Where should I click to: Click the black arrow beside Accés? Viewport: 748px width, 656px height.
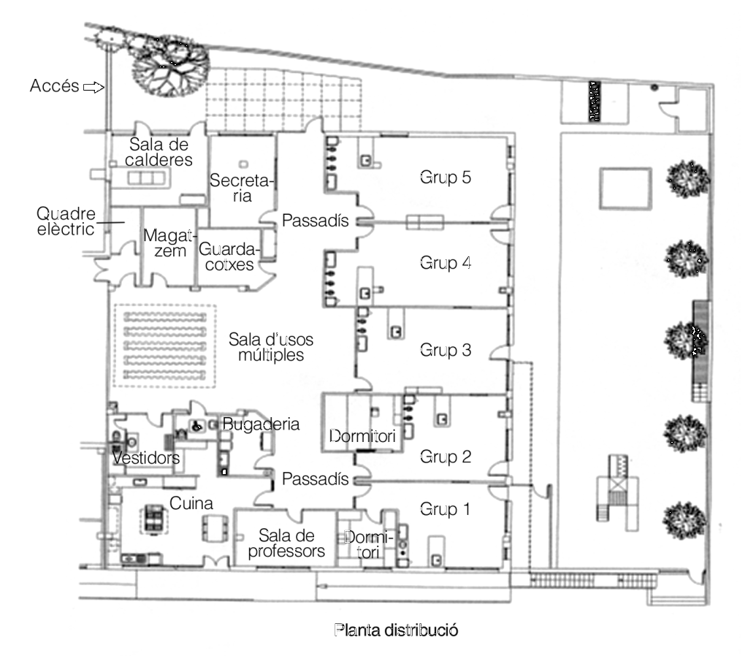click(x=93, y=87)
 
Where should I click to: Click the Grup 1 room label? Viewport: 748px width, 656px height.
click(x=444, y=509)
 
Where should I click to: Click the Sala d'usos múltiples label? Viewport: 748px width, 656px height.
click(x=266, y=347)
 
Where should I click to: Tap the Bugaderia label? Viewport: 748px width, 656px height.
click(x=261, y=424)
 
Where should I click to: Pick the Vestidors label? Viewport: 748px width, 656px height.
click(x=146, y=457)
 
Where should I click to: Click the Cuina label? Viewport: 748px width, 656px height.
click(x=191, y=503)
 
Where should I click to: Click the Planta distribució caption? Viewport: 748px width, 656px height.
click(x=396, y=630)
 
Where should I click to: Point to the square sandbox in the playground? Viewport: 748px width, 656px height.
click(x=624, y=187)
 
